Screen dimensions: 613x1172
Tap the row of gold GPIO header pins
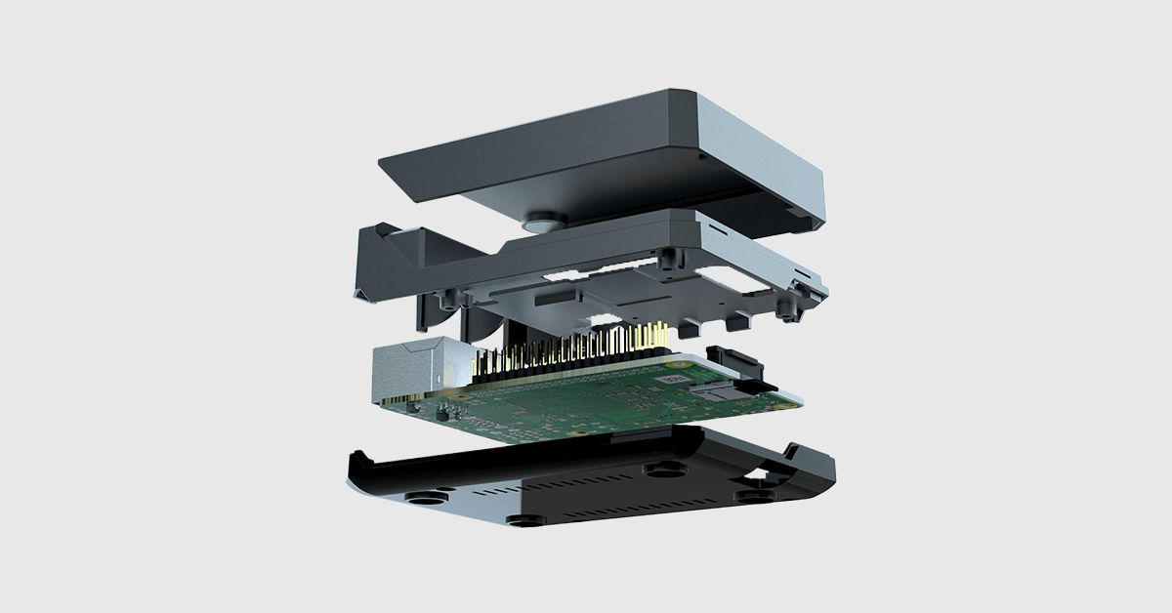(x=566, y=351)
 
